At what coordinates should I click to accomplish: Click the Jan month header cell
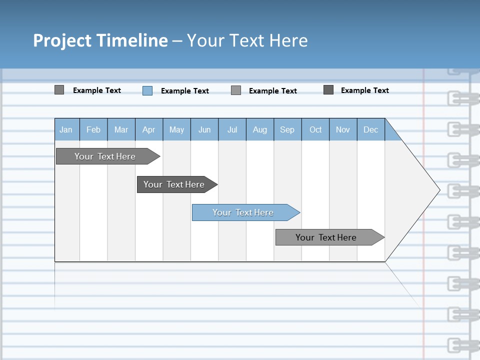pos(66,129)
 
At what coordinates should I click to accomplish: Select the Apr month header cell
pos(149,129)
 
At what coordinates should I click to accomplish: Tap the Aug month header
pos(260,129)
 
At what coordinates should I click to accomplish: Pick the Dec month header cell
pos(371,129)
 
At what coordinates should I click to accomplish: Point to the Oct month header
pos(315,129)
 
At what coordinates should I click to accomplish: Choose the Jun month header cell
pos(204,129)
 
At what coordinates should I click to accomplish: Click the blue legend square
pos(147,90)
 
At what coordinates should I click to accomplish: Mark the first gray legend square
pos(59,90)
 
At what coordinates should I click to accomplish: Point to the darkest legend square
pos(328,90)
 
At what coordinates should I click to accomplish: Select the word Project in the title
pos(62,40)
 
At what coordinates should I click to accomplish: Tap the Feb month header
pos(93,129)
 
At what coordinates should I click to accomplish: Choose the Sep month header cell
pos(287,129)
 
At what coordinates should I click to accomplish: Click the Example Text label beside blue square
pos(185,91)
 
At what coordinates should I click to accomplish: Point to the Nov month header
pos(343,129)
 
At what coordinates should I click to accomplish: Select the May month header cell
pos(176,129)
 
